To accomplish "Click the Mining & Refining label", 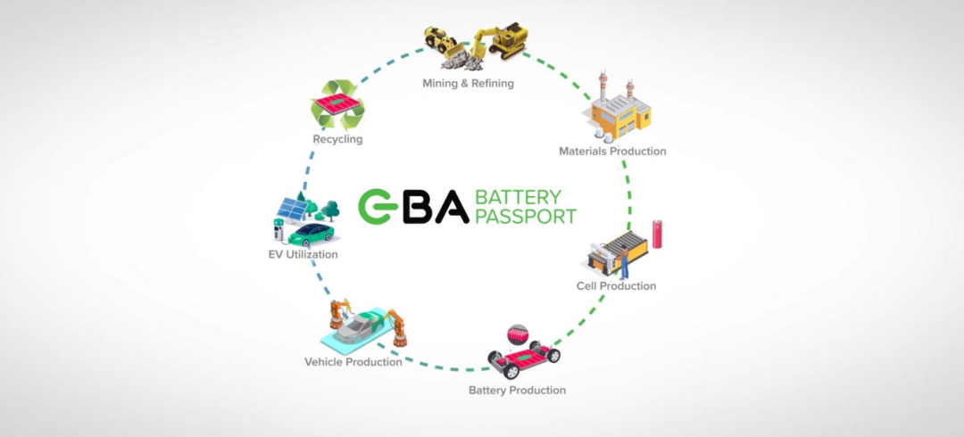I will coord(468,84).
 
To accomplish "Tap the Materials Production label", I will coord(612,152).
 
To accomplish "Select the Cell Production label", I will coord(616,286).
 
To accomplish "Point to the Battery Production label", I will coord(517,391).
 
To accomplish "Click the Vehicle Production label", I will coord(353,362).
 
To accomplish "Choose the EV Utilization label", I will coord(303,255).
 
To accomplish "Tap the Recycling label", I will coord(337,140).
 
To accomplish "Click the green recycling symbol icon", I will coord(337,104).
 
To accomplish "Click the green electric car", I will coord(312,234).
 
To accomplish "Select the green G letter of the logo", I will coord(378,206).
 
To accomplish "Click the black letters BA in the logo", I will coord(436,206).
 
